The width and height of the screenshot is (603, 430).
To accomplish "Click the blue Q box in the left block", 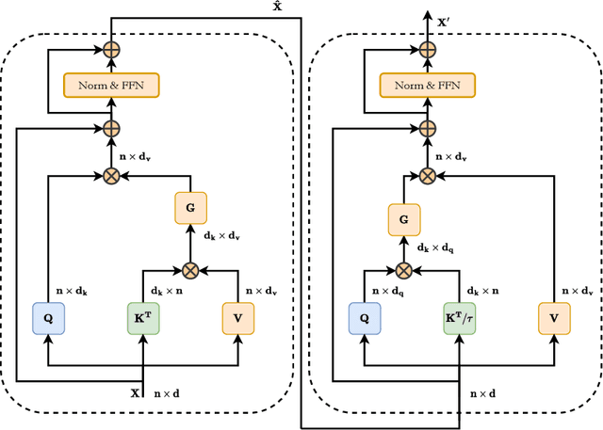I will [48, 319].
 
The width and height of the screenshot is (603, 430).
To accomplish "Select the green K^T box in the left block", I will [143, 319].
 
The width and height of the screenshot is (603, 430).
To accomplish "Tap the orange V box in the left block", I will [238, 319].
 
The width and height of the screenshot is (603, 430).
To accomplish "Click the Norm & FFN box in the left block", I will [111, 86].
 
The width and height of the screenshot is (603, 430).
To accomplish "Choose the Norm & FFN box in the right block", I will [427, 86].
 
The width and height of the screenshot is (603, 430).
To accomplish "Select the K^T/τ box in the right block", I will [460, 319].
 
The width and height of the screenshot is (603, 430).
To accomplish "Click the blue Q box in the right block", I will [365, 319].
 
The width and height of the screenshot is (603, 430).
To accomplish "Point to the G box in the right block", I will [404, 221].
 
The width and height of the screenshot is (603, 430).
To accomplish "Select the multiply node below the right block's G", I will [404, 270].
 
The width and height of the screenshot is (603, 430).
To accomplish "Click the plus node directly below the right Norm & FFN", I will [427, 128].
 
